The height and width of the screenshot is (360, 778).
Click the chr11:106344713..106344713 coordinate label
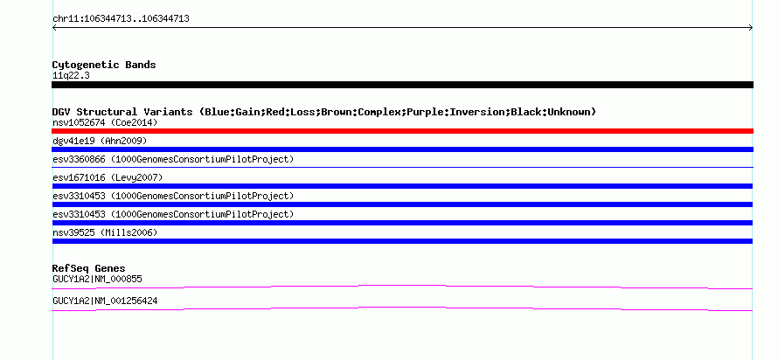tap(121, 19)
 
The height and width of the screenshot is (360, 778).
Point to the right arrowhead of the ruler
tap(751, 28)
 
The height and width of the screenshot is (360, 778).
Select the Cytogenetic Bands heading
tap(104, 65)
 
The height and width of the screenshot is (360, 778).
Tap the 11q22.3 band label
tap(71, 76)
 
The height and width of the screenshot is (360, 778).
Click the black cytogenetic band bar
tap(402, 85)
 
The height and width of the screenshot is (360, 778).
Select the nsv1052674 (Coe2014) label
tap(105, 122)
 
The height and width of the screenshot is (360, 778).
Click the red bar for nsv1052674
tap(402, 131)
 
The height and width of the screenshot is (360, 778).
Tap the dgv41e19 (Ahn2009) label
tap(100, 142)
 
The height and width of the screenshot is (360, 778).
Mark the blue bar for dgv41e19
tap(402, 149)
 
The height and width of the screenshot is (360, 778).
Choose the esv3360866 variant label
tap(173, 159)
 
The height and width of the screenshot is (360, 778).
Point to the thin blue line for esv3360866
tap(402, 167)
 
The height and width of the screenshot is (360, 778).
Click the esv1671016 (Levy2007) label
tap(108, 177)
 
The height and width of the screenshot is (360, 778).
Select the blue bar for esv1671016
tap(402, 186)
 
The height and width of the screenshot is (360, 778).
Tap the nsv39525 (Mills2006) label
tap(105, 232)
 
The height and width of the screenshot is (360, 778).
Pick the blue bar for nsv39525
tap(402, 241)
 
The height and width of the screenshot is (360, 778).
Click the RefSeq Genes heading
tap(88, 268)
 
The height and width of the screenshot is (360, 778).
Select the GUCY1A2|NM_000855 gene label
tap(97, 279)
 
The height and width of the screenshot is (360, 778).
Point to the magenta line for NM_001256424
tap(402, 308)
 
